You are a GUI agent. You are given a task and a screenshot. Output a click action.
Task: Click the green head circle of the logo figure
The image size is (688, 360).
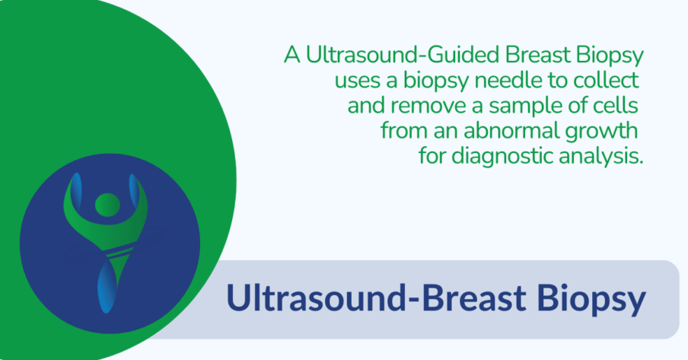point(107,203)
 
